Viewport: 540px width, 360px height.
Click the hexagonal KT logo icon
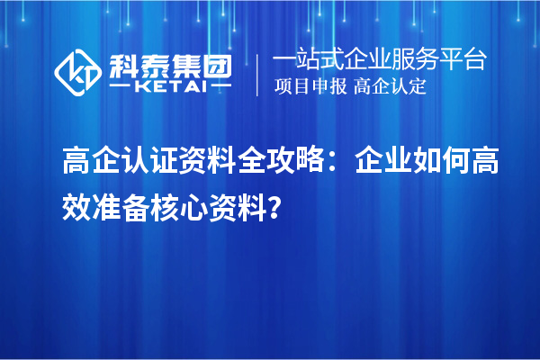[79, 72]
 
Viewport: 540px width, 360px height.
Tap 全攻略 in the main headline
[278, 165]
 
